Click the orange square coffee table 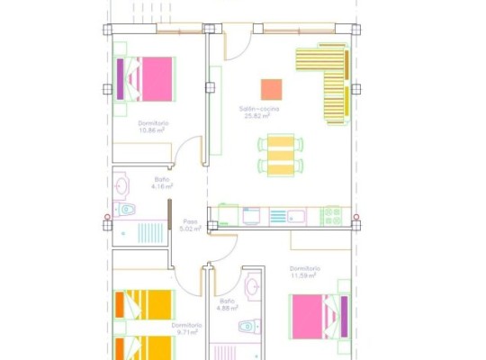coord(271,88)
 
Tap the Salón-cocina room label coord(259,109)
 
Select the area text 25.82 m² coord(259,115)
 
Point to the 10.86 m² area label coord(154,129)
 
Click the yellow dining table coord(280,156)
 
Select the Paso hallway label coord(190,221)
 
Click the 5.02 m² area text coord(190,229)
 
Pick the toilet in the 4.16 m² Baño coord(126,210)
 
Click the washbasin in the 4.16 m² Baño coord(122,184)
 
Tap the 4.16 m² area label coord(162,186)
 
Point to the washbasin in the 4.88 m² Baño coord(253,287)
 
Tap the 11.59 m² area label coord(305,274)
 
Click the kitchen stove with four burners coord(332,215)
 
